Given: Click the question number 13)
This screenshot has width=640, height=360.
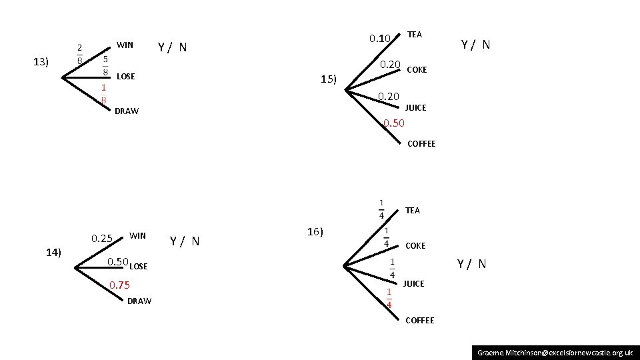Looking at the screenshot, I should tap(41, 62).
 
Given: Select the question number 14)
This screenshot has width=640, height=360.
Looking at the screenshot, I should tap(53, 252).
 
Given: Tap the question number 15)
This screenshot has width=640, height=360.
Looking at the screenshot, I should tap(329, 79).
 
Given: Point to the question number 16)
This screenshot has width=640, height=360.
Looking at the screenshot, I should tap(315, 232).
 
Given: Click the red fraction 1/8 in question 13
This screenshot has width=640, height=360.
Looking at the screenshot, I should tap(104, 93).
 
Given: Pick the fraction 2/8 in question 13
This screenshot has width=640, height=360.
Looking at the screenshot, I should tap(80, 53).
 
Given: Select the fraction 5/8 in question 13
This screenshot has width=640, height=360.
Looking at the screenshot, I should tap(106, 65).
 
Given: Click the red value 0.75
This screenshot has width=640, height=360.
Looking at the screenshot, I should tap(119, 285).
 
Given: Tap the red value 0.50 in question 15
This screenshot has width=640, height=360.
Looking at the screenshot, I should tap(393, 123).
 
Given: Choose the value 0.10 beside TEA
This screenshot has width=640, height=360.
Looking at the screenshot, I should tap(380, 38).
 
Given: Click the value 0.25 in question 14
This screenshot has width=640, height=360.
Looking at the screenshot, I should tap(102, 238).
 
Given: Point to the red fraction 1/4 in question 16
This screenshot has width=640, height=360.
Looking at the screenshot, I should tap(389, 299).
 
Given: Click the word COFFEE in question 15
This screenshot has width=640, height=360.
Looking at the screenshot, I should tap(421, 143).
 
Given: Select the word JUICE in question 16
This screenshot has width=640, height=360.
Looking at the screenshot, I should tap(413, 283).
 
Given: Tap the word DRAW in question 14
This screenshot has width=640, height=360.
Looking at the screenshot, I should tap(139, 301).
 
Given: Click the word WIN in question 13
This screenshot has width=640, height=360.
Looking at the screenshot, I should tap(125, 45).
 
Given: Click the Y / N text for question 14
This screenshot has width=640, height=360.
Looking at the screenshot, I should tap(185, 241).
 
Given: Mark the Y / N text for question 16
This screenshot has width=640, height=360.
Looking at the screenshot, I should tap(471, 264).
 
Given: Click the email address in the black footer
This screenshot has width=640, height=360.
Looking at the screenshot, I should tap(555, 351).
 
